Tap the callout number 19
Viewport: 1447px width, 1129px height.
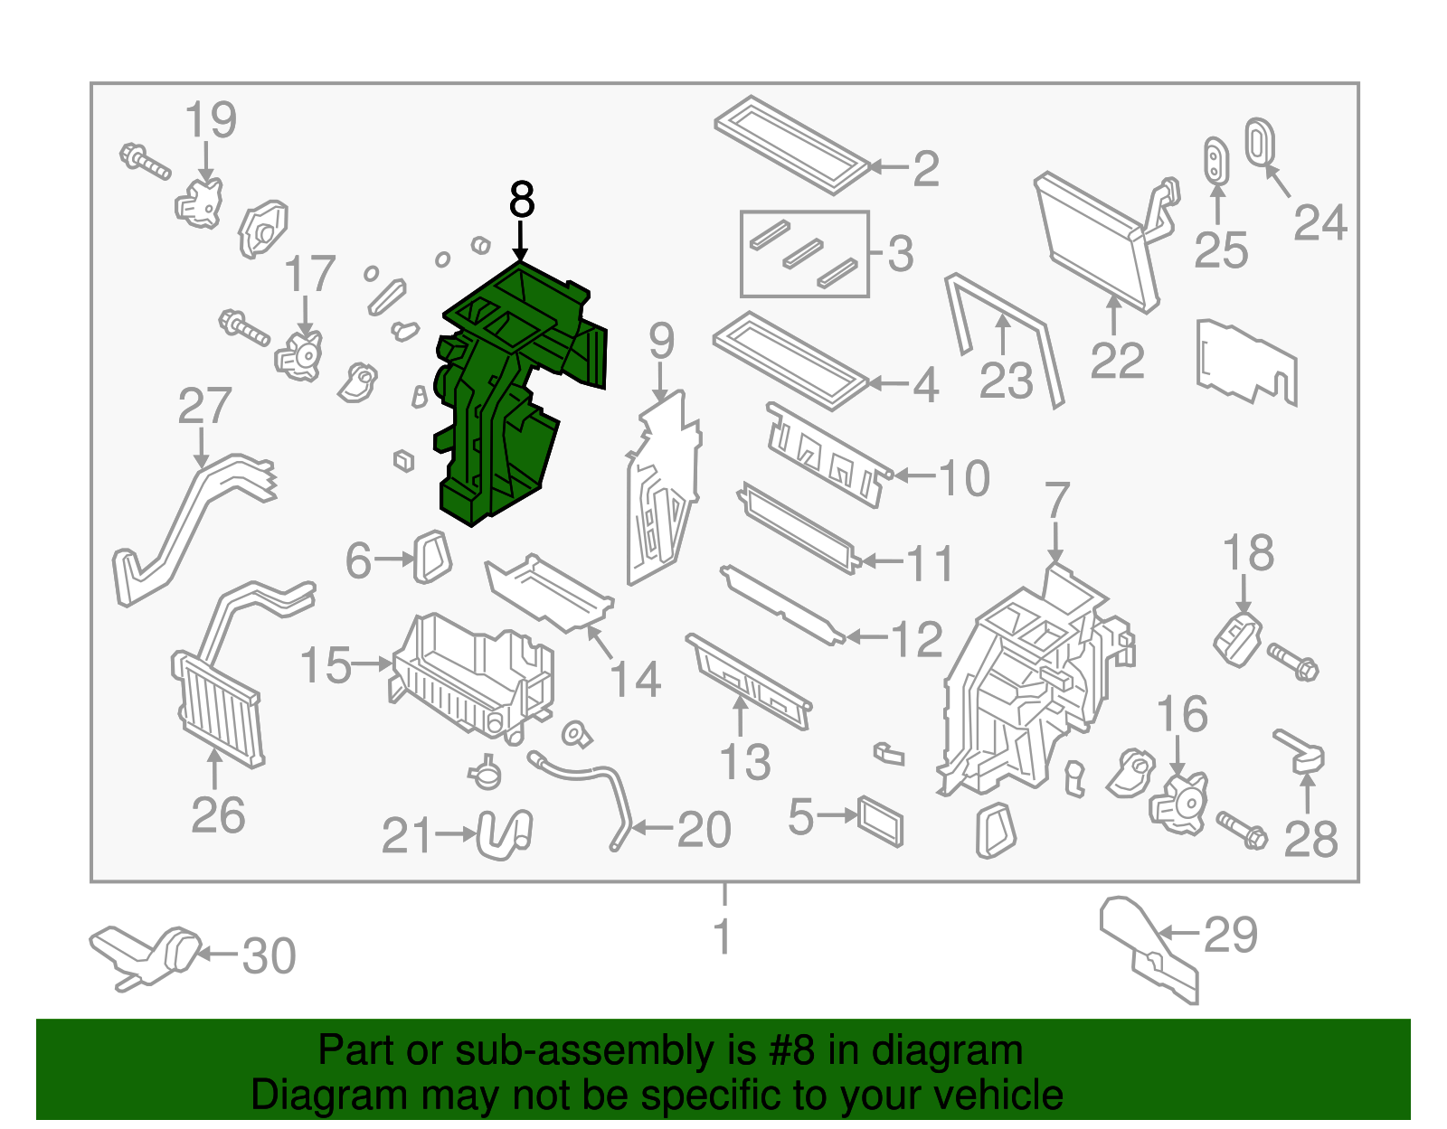pos(211,120)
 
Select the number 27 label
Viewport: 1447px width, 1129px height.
pos(204,406)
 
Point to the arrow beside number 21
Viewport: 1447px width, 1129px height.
pos(456,833)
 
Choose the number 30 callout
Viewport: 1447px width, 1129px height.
pos(269,956)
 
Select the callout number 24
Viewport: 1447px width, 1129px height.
pos(1320,222)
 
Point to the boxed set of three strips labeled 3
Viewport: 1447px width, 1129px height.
pos(804,254)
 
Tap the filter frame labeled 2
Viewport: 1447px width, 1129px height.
pos(792,145)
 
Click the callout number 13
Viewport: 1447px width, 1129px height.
pos(745,762)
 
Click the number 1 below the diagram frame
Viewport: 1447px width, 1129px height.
pos(723,936)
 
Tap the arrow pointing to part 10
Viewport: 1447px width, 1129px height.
pos(915,475)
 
